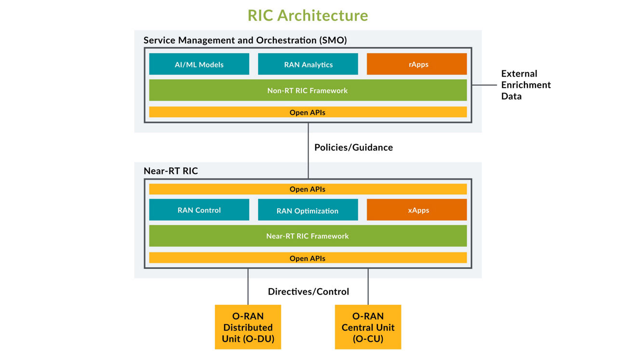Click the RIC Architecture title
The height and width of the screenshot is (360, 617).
(x=308, y=15)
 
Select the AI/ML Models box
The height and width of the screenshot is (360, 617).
(x=199, y=64)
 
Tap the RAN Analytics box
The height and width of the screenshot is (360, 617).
(x=308, y=64)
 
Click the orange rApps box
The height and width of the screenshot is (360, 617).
(x=416, y=64)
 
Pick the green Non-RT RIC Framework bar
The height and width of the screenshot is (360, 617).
(x=308, y=90)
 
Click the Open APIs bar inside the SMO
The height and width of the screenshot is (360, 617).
(x=308, y=112)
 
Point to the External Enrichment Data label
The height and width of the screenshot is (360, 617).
(x=525, y=85)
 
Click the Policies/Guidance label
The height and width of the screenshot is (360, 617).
(x=353, y=147)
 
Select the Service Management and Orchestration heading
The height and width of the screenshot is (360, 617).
(x=245, y=40)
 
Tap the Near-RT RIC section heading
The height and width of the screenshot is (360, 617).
(x=171, y=171)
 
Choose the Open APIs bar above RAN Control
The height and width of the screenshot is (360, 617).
(x=308, y=189)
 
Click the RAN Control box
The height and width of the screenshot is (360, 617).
(x=199, y=210)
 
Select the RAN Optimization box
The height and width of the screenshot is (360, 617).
(x=308, y=211)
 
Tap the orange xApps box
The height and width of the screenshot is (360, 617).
(x=416, y=210)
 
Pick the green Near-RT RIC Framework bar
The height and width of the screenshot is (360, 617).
(x=308, y=236)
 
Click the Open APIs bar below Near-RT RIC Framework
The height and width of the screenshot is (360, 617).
(x=308, y=258)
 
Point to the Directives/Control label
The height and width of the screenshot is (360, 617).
(x=308, y=292)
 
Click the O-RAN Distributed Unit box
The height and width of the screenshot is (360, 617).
(x=248, y=327)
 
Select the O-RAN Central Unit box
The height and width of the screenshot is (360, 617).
(x=368, y=327)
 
